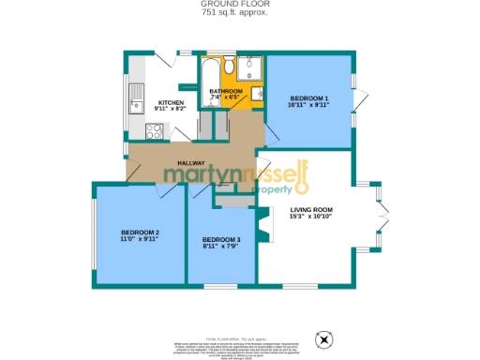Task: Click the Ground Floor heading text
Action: pyautogui.click(x=239, y=4)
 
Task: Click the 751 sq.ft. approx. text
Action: pyautogui.click(x=239, y=12)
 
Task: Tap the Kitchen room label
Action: pyautogui.click(x=170, y=102)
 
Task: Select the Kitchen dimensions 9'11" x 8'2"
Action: pyautogui.click(x=170, y=109)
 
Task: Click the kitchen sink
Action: pyautogui.click(x=135, y=97)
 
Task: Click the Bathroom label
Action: pyautogui.click(x=226, y=91)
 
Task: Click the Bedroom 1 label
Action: pyautogui.click(x=308, y=98)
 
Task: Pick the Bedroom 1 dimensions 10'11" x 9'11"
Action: pyautogui.click(x=308, y=105)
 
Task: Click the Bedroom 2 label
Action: pyautogui.click(x=140, y=232)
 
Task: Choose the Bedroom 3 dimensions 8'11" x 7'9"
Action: pyautogui.click(x=221, y=247)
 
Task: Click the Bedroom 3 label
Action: pyautogui.click(x=221, y=240)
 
